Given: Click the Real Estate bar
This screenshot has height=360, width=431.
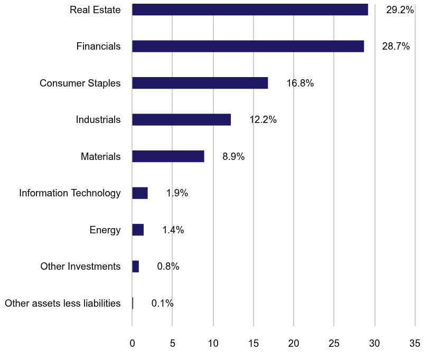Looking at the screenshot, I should pos(250,10).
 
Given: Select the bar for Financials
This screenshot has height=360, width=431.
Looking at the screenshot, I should pos(248,46).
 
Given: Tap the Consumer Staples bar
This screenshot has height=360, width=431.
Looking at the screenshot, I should pos(200,83).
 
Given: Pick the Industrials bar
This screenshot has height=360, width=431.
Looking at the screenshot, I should pos(181,120).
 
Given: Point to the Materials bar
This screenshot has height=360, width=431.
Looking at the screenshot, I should pos(168,156).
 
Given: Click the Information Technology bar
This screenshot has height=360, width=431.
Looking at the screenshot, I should pos(140,193).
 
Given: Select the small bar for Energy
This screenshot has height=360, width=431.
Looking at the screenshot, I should pos(138,230).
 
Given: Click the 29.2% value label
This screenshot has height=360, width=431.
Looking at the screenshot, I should pos(400,10).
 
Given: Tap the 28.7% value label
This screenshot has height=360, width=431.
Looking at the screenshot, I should pos(396,46).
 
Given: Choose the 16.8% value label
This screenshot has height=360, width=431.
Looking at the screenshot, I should pos(300,83).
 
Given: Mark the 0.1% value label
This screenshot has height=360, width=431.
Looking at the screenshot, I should pos(162,304).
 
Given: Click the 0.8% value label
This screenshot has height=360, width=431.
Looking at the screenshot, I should pos(168,267).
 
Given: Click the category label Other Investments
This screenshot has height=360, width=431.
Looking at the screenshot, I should pos(80,267).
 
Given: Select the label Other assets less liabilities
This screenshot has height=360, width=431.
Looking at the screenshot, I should pos(62,304).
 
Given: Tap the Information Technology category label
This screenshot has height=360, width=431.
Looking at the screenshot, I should pos(70,193).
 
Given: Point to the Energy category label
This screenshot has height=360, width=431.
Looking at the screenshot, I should pos(105,230).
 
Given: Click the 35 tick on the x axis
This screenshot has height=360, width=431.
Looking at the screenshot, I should pos(415,344).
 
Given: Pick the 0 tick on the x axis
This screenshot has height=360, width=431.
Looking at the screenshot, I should pos(132,344).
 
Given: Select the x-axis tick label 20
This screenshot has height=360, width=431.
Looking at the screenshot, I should pos(294,344).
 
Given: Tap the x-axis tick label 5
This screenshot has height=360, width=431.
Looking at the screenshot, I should pos(172,344).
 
